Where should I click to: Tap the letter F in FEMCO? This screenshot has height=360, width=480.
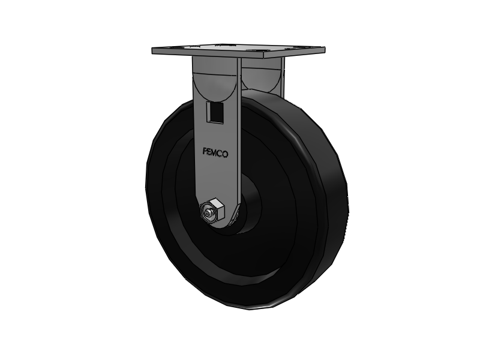pos(203,151)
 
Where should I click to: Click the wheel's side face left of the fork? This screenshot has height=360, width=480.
pos(171,192)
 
